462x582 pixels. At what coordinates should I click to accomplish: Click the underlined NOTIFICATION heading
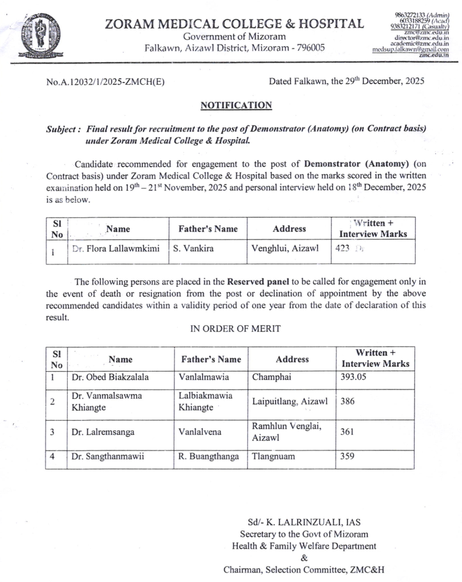coord(236,105)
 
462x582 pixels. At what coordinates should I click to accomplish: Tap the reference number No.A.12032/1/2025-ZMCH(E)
coord(106,82)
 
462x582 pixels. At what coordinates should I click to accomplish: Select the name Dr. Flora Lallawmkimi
coord(116,250)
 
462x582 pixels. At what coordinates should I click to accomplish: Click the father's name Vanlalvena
coord(200,432)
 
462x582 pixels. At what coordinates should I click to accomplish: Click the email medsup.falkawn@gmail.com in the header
coord(410,50)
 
